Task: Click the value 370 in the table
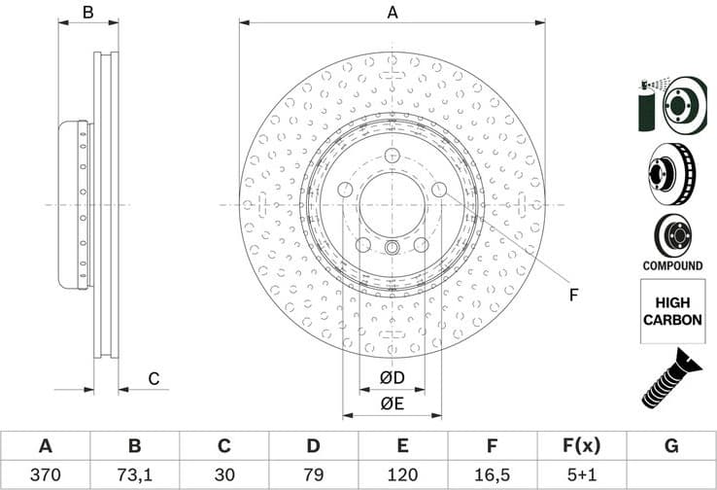click(x=45, y=474)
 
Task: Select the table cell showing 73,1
click(x=134, y=474)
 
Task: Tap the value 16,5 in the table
click(x=493, y=474)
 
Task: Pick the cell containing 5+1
click(x=582, y=474)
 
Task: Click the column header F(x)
click(x=582, y=446)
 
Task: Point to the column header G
click(x=671, y=446)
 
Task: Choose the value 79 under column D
click(x=313, y=474)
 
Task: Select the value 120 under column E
click(x=403, y=474)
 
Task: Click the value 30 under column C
click(x=223, y=474)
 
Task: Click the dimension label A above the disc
click(x=393, y=13)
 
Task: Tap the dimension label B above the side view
click(x=87, y=13)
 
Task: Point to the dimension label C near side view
click(x=153, y=379)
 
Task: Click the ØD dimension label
click(x=393, y=376)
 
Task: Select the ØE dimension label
click(x=393, y=404)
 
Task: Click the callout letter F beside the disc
click(x=572, y=295)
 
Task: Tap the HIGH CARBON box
click(x=672, y=311)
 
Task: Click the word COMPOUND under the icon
click(x=672, y=265)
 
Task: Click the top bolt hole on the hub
click(x=393, y=157)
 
